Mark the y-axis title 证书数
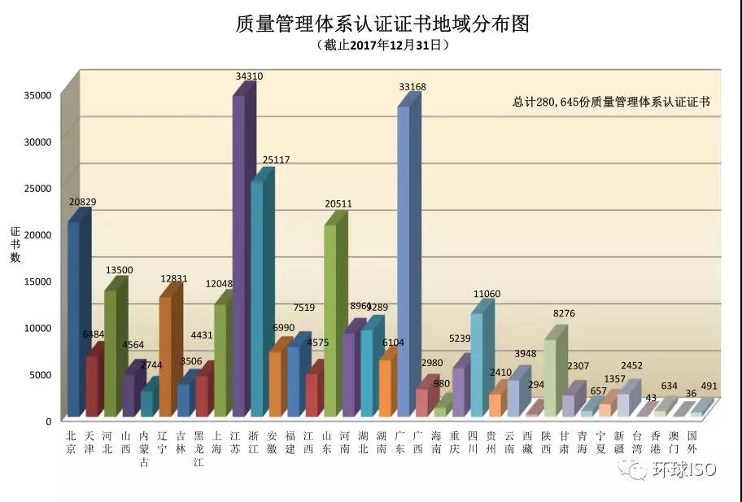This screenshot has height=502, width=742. point(15,245)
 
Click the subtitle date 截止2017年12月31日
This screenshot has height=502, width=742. point(382,46)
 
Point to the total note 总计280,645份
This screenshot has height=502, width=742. point(611,103)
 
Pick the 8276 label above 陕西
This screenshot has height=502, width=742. point(564,312)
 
